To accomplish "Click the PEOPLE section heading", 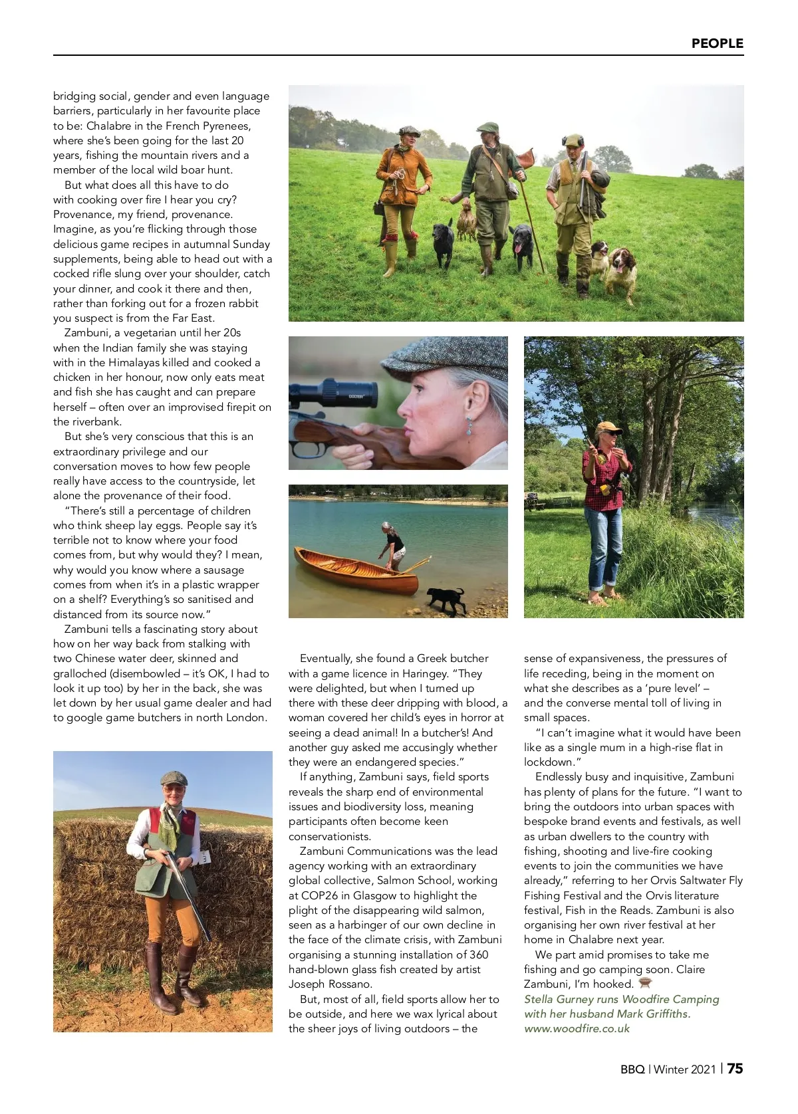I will coord(717,43).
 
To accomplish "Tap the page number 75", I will coord(735,1069).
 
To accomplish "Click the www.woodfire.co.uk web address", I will coord(577,1028).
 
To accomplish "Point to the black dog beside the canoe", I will coord(446,598).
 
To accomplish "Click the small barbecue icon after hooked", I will coord(644,983).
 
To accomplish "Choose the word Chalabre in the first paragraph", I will coord(114,126).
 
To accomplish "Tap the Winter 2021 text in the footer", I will coord(685,1069).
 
